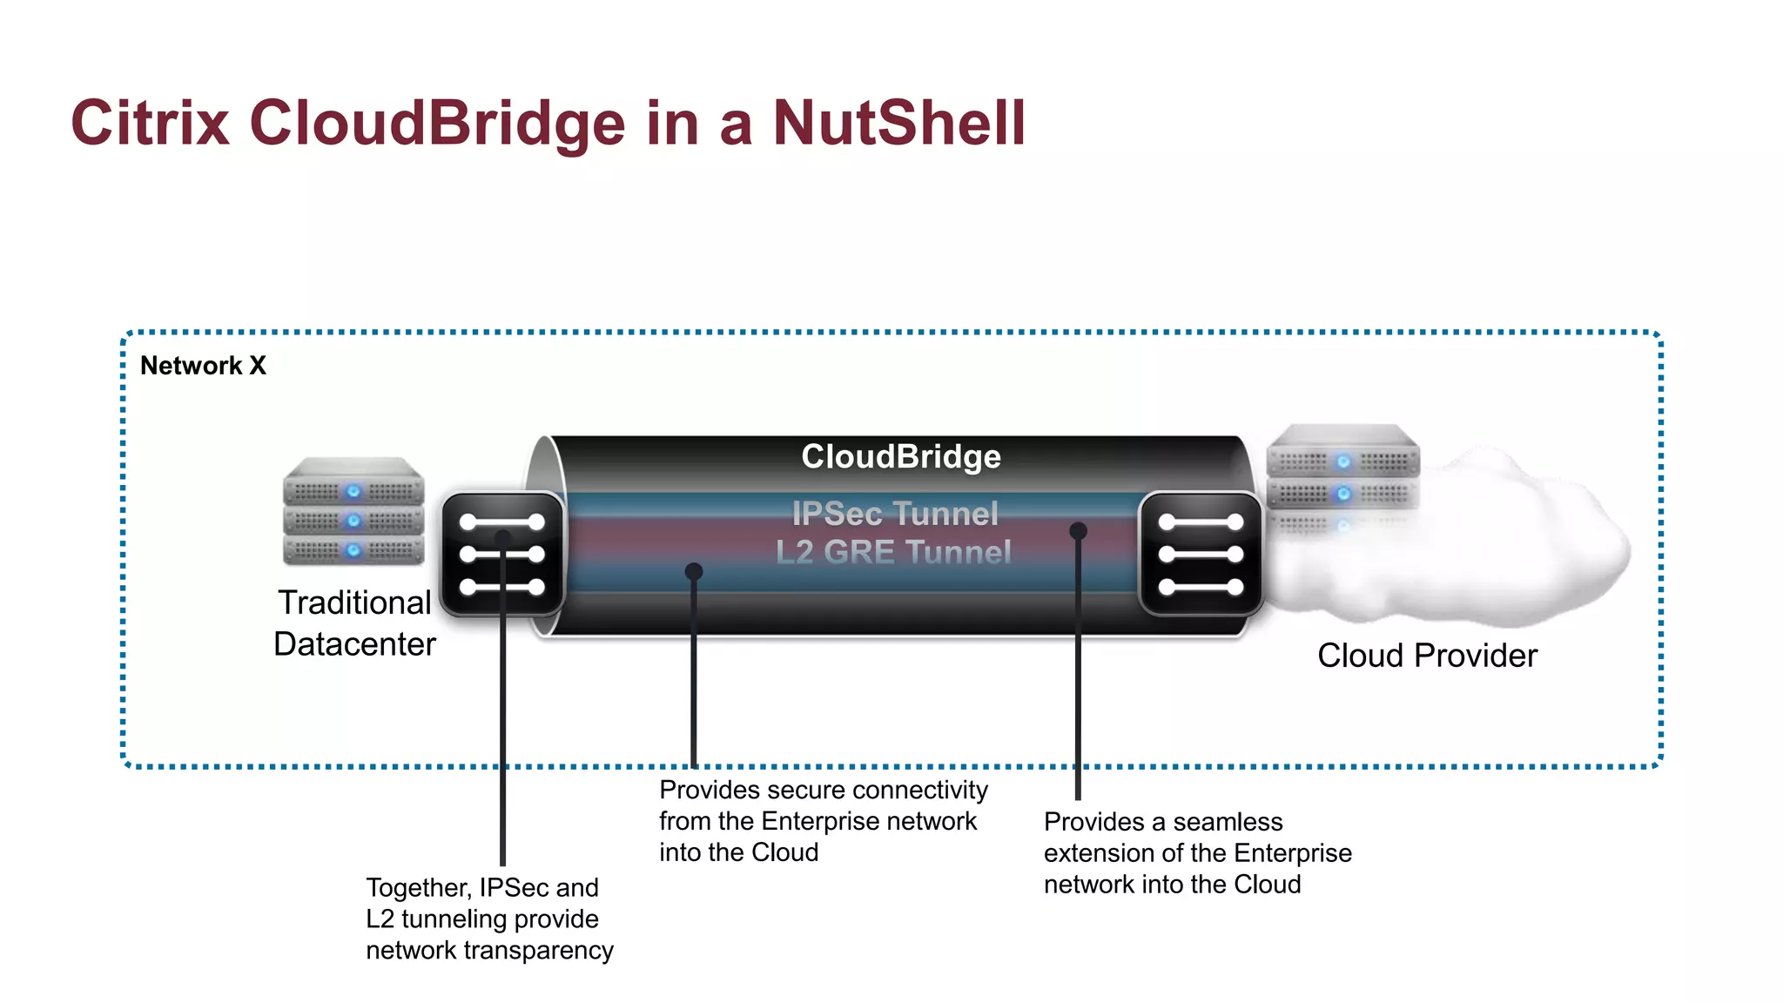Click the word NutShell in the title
pyautogui.click(x=898, y=123)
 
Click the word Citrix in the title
pyautogui.click(x=150, y=123)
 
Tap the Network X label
pyautogui.click(x=203, y=366)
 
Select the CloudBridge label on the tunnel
pyautogui.click(x=900, y=457)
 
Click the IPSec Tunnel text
pyautogui.click(x=894, y=514)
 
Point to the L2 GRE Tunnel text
pyautogui.click(x=893, y=552)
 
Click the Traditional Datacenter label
pyautogui.click(x=354, y=623)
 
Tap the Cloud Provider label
pyautogui.click(x=1427, y=656)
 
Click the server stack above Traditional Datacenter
pyautogui.click(x=353, y=511)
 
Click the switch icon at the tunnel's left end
pyautogui.click(x=502, y=555)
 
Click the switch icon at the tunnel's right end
pyautogui.click(x=1201, y=555)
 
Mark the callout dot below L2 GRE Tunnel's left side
pyautogui.click(x=694, y=571)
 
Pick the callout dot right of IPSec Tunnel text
pyautogui.click(x=1078, y=530)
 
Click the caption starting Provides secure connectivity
pyautogui.click(x=823, y=821)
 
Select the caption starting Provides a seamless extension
pyautogui.click(x=1197, y=853)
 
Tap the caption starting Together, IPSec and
pyautogui.click(x=488, y=919)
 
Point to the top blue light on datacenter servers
pyautogui.click(x=353, y=492)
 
